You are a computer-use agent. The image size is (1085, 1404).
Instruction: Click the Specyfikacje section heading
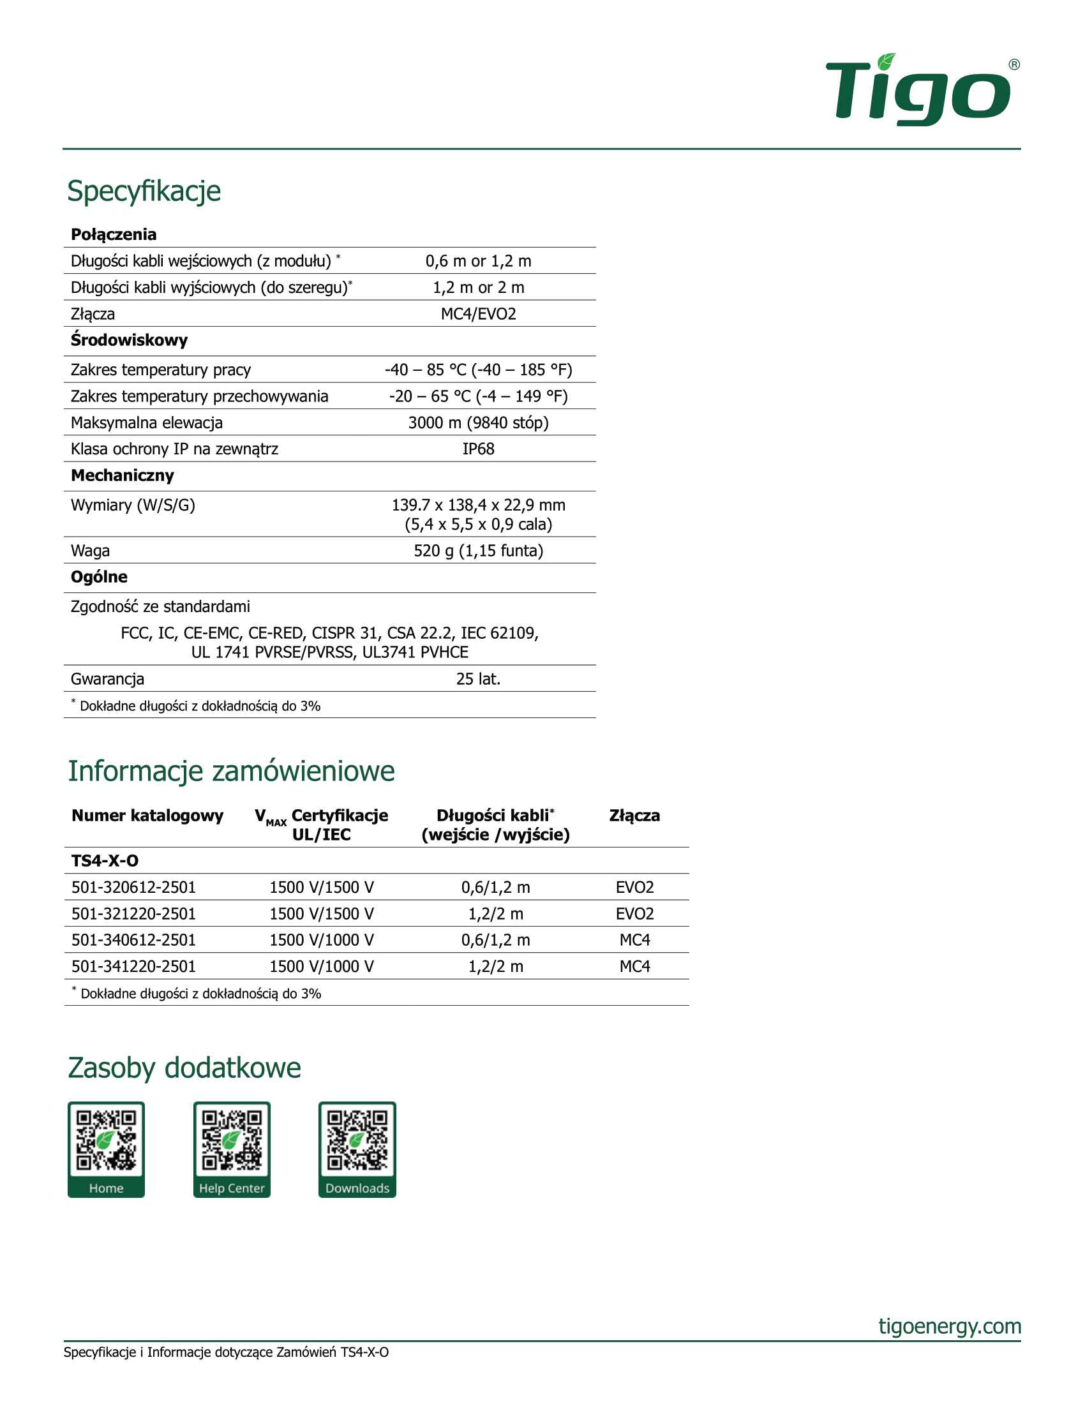tap(144, 191)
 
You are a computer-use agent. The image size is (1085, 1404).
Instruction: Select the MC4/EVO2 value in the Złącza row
tap(478, 314)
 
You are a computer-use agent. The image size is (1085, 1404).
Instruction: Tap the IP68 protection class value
tap(478, 449)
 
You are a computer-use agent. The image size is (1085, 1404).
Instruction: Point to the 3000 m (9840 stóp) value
tap(478, 422)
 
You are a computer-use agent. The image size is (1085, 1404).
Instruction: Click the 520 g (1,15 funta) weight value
tap(478, 550)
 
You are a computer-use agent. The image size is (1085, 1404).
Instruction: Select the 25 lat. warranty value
tap(478, 679)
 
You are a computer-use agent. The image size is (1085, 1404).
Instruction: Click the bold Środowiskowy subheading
tap(129, 340)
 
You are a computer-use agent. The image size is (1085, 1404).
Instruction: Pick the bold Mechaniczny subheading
tap(122, 475)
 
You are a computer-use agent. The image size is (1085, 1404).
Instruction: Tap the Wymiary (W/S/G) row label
tap(133, 505)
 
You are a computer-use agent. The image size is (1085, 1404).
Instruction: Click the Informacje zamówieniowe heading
tap(232, 771)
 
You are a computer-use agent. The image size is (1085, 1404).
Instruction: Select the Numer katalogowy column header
tap(147, 816)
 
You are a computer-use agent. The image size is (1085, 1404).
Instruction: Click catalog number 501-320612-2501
tap(133, 887)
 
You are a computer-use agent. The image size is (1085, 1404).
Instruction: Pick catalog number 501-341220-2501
tap(133, 966)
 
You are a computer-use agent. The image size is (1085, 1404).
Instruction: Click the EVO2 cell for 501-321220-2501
tap(634, 913)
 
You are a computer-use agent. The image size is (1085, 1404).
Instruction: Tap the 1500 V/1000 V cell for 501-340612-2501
tap(322, 940)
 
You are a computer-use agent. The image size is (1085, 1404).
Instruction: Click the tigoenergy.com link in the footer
tap(950, 1326)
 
